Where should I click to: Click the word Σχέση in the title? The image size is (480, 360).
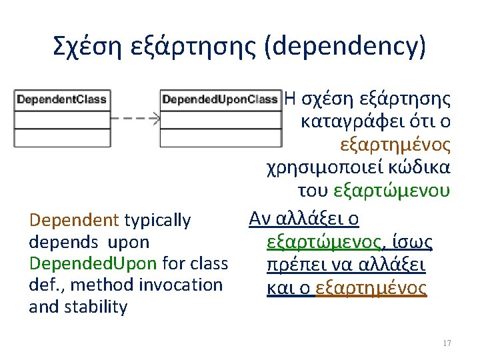(x=87, y=47)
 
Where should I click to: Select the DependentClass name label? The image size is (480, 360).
(x=62, y=99)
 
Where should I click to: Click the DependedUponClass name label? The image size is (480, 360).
(x=220, y=99)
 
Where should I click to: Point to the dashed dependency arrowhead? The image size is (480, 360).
(x=157, y=118)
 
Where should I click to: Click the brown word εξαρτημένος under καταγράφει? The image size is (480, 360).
(x=395, y=145)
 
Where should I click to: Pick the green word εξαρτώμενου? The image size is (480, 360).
(x=392, y=191)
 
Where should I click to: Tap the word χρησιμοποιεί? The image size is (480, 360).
(x=325, y=168)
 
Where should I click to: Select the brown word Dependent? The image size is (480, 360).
(x=74, y=220)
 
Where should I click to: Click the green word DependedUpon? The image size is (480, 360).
(x=93, y=263)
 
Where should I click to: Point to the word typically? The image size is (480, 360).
(x=157, y=221)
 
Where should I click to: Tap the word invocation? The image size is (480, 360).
(x=181, y=285)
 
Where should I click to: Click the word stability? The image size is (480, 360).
(x=95, y=307)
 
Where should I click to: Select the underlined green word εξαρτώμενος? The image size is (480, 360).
(x=323, y=243)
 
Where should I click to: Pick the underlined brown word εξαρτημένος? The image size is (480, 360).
(x=371, y=288)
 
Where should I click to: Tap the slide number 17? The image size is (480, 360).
(x=447, y=343)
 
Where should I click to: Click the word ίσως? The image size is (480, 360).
(x=413, y=243)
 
